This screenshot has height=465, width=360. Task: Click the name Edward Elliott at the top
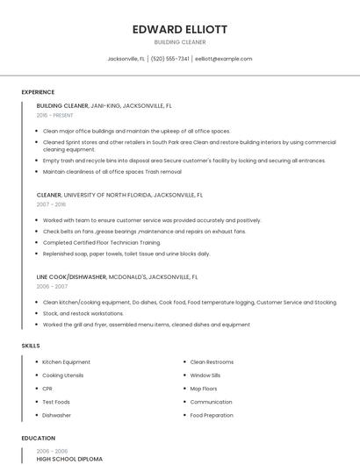180,29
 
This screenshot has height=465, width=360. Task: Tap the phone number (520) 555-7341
170,59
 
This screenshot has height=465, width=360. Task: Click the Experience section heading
38,92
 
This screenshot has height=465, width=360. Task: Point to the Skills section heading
31,346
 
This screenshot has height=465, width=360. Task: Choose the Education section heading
38,438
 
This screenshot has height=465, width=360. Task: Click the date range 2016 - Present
55,115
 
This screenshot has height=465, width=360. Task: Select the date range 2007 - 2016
51,204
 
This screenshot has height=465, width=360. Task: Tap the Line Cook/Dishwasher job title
71,276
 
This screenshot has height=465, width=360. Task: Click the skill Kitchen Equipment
66,361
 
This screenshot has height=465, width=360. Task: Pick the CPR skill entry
47,388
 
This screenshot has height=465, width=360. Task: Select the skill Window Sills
205,375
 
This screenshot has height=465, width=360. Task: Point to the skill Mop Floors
204,388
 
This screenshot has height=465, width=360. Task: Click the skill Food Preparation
212,415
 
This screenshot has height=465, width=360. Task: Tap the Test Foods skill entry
56,402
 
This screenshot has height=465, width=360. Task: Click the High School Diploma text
69,459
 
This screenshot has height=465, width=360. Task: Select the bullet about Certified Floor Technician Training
101,242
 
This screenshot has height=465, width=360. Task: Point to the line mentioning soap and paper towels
126,254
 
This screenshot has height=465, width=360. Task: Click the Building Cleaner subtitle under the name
180,41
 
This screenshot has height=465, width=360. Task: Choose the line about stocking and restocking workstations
83,313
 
